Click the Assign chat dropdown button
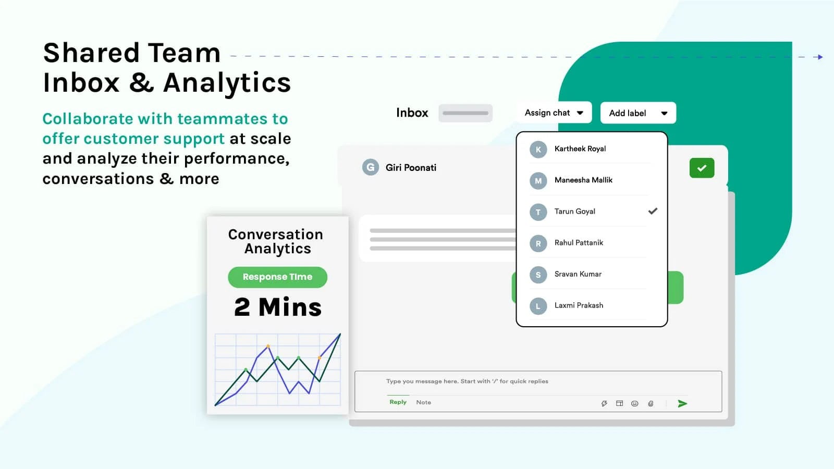pyautogui.click(x=554, y=113)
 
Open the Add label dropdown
pyautogui.click(x=638, y=113)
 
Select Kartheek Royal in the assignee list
pyautogui.click(x=580, y=149)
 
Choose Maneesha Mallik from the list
pyautogui.click(x=583, y=180)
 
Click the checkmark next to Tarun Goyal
pyautogui.click(x=653, y=211)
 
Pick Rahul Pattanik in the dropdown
pyautogui.click(x=579, y=243)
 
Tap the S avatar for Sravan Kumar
pyautogui.click(x=538, y=275)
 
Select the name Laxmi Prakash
pyautogui.click(x=579, y=305)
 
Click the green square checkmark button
pyautogui.click(x=702, y=168)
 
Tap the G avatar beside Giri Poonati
pyautogui.click(x=370, y=167)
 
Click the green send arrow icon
pyautogui.click(x=682, y=403)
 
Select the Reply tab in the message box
pyautogui.click(x=398, y=402)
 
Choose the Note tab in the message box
pyautogui.click(x=423, y=402)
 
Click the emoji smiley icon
pyautogui.click(x=634, y=403)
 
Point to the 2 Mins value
pyautogui.click(x=278, y=307)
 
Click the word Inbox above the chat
pyautogui.click(x=412, y=113)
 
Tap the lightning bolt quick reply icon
pyautogui.click(x=604, y=403)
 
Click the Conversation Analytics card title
pyautogui.click(x=276, y=241)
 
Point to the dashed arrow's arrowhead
pyautogui.click(x=820, y=57)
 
